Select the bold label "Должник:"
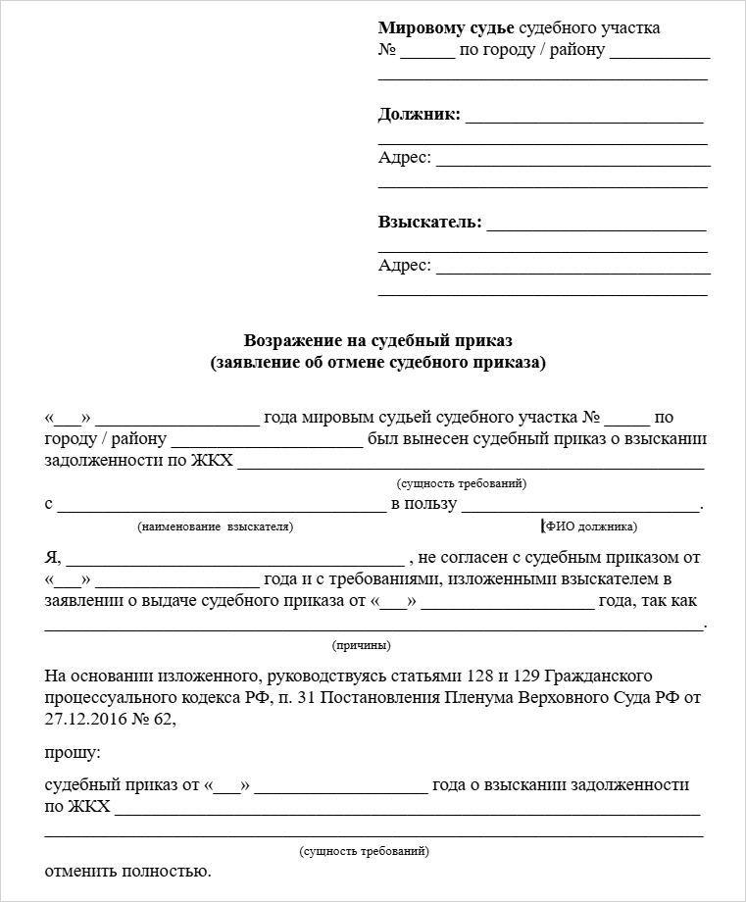pyautogui.click(x=419, y=115)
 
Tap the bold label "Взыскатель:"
pyautogui.click(x=429, y=223)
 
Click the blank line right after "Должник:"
pyautogui.click(x=584, y=118)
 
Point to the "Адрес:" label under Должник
pyautogui.click(x=404, y=157)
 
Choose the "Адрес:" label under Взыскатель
pyautogui.click(x=404, y=265)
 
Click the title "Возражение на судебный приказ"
pyautogui.click(x=378, y=340)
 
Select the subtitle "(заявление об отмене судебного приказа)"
pyautogui.click(x=378, y=363)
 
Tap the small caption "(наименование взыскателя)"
pyautogui.click(x=216, y=526)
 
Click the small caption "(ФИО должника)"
pyautogui.click(x=590, y=526)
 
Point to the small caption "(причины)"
pyautogui.click(x=362, y=645)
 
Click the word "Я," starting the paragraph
pyautogui.click(x=53, y=559)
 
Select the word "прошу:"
pyautogui.click(x=72, y=753)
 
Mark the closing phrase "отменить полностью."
pyautogui.click(x=127, y=871)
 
